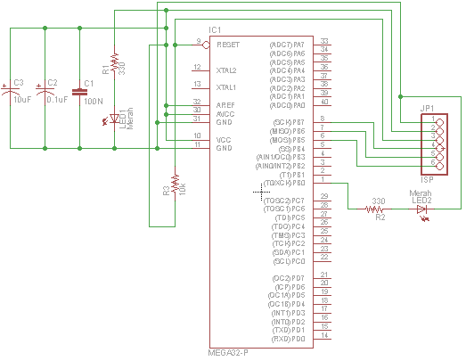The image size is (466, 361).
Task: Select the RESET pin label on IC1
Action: (228, 43)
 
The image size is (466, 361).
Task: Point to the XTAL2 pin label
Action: (227, 69)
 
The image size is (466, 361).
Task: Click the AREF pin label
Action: (226, 104)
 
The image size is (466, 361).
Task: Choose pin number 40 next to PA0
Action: (324, 104)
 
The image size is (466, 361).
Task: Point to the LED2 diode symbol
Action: (421, 209)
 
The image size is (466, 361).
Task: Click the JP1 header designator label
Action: (427, 108)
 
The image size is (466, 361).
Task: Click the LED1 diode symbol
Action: (114, 119)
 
